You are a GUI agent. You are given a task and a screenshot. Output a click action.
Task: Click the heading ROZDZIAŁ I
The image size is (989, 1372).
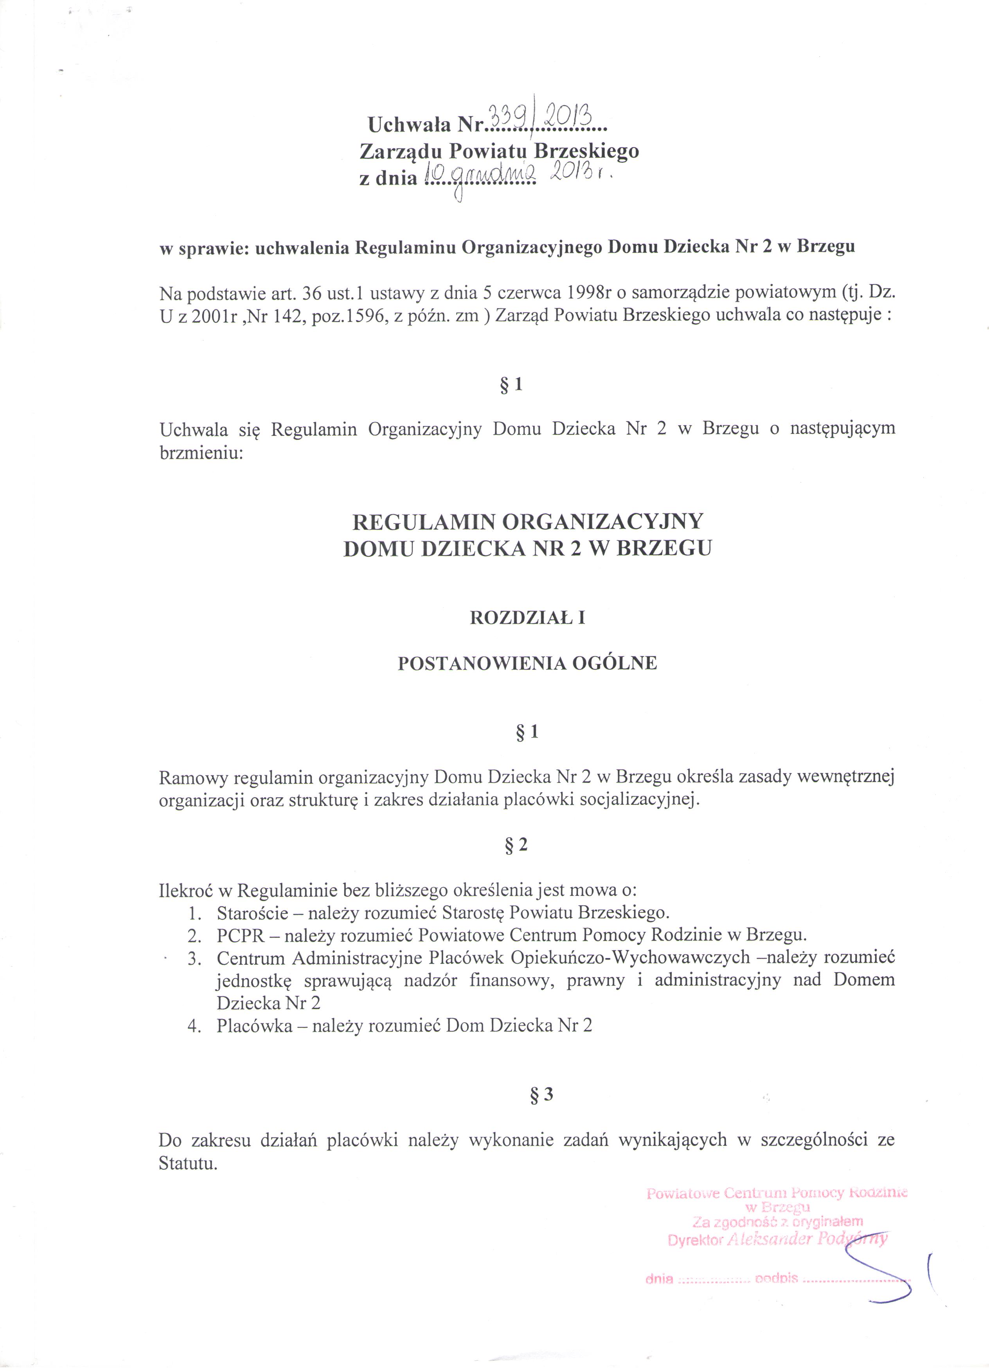527,618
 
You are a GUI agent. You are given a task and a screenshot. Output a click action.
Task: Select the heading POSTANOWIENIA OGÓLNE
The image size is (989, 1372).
527,664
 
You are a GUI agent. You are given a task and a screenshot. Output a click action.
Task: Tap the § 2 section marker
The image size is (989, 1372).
516,845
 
